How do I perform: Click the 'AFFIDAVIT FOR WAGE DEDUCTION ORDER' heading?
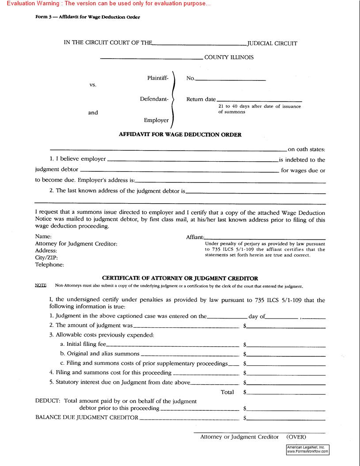point(180,135)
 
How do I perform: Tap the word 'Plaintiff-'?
point(158,78)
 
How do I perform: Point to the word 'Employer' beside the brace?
point(156,120)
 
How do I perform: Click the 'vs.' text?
point(93,84)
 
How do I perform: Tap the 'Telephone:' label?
point(49,265)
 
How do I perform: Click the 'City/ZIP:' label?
point(46,258)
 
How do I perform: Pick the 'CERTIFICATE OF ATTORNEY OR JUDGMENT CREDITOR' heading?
point(180,278)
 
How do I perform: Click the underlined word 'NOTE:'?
point(41,286)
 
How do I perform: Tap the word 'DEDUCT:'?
point(47,401)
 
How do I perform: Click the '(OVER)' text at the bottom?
point(296,437)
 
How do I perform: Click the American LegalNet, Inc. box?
point(307,449)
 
